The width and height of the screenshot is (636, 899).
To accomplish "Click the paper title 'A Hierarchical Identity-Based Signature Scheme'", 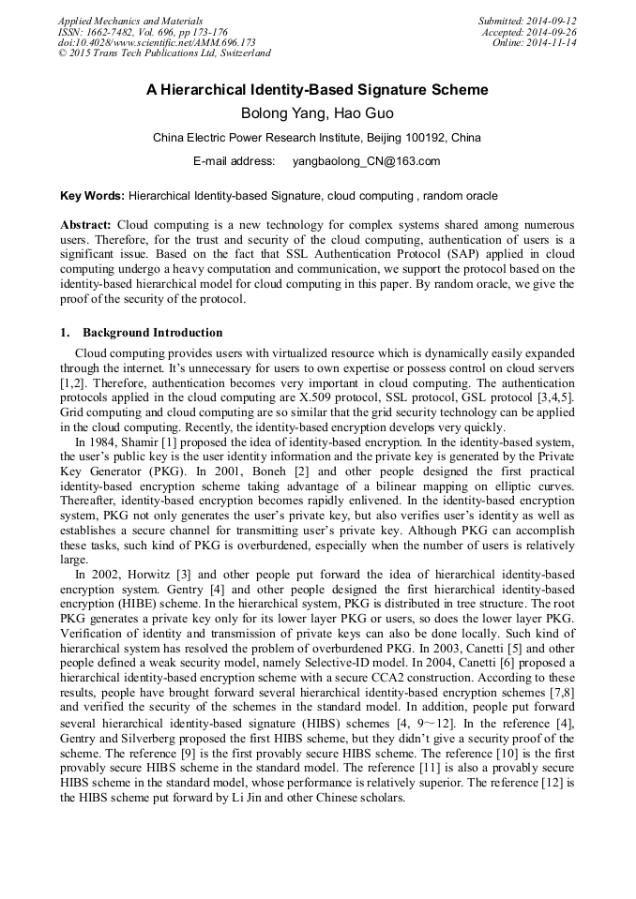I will pos(317,91).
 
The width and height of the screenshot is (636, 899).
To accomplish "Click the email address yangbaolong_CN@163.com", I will pos(366,161).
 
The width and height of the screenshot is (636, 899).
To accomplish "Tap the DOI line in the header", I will pos(157,42).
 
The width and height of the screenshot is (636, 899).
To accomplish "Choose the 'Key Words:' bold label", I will pos(92,196).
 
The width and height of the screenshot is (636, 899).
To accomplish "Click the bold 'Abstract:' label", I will pos(86,226).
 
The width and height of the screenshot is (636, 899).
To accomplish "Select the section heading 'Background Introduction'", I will pos(152,333).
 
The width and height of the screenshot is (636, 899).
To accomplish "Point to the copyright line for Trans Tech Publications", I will pos(164,53).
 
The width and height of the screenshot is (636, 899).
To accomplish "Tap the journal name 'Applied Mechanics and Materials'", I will pos(130,20).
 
